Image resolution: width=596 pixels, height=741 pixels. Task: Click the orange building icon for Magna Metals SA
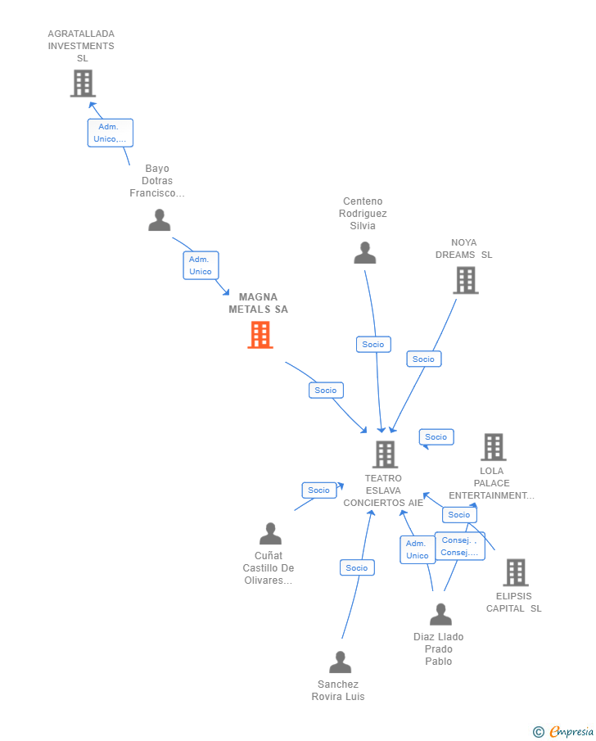[x=260, y=335]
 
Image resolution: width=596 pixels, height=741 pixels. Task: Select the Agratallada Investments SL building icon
[x=83, y=84]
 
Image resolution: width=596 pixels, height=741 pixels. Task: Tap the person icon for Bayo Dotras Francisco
[x=159, y=219]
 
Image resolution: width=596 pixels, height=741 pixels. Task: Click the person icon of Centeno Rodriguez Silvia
[x=364, y=253]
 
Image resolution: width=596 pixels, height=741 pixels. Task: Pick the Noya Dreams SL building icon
[x=465, y=281]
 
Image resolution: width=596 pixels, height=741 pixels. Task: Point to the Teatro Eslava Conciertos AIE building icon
[x=385, y=454]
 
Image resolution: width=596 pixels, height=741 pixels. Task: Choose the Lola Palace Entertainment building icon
[x=493, y=447]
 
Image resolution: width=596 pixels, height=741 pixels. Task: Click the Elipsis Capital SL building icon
[x=515, y=572]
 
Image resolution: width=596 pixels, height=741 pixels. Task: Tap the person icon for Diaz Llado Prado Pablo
[x=440, y=614]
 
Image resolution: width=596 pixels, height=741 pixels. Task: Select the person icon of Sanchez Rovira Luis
[x=340, y=662]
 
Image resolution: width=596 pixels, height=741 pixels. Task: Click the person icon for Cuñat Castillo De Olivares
[x=270, y=534]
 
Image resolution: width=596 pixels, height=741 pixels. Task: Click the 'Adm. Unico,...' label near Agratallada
[x=111, y=133]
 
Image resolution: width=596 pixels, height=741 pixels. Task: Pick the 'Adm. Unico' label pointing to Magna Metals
[x=201, y=265]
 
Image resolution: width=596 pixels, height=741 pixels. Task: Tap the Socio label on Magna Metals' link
[x=326, y=391]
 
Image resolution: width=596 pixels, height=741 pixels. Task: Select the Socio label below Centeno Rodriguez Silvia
[x=373, y=345]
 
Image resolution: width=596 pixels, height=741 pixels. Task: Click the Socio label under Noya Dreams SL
[x=423, y=359]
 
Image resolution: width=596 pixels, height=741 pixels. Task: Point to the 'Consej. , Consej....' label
[x=459, y=546]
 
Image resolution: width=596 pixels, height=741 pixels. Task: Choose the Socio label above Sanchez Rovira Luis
[x=357, y=567]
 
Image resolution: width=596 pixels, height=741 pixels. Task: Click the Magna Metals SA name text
[x=258, y=303]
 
